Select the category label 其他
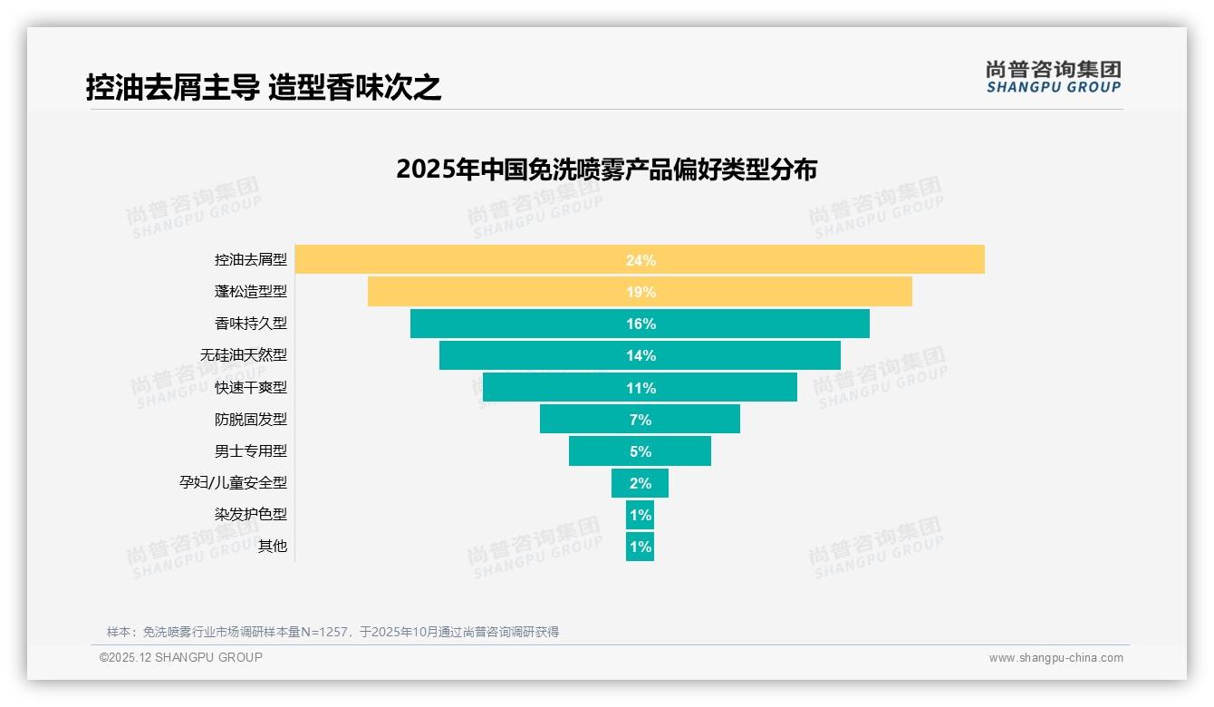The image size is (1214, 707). click(x=273, y=546)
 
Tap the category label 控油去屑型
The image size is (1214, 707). click(x=251, y=260)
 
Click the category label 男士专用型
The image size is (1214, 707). click(x=251, y=450)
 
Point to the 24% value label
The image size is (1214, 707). click(x=641, y=260)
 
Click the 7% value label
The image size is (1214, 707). click(x=641, y=420)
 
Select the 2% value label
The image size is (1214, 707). click(x=641, y=483)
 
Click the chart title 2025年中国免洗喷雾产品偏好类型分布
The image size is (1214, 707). click(x=606, y=169)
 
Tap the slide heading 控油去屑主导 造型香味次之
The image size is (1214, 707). click(x=264, y=88)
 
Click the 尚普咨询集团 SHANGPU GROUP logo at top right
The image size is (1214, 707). click(x=1054, y=77)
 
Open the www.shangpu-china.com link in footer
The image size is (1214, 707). click(x=1055, y=658)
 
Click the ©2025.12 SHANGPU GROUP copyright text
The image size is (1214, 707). click(x=181, y=657)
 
